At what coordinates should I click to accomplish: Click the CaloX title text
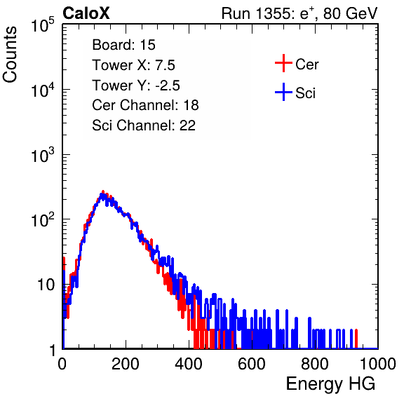(86, 13)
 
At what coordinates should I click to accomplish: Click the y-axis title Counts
(10, 55)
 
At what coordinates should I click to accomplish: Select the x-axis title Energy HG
(330, 384)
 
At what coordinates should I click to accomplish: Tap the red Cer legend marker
(283, 63)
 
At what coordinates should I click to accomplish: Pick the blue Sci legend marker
(283, 92)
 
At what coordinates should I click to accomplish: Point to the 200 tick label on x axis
(126, 364)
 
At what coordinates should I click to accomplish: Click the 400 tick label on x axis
(189, 364)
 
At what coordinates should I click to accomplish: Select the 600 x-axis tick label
(252, 364)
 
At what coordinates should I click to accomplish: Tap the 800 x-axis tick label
(315, 364)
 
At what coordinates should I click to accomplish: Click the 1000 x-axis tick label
(378, 364)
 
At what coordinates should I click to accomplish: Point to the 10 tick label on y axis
(46, 285)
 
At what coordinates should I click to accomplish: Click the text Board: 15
(123, 45)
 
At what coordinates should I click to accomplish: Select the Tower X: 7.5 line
(133, 65)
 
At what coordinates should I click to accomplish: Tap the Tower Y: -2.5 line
(136, 86)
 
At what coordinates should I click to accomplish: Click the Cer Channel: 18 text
(145, 105)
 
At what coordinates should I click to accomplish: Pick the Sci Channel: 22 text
(144, 125)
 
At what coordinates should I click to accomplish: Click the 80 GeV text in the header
(351, 14)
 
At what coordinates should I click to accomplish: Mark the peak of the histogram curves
(102, 192)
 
